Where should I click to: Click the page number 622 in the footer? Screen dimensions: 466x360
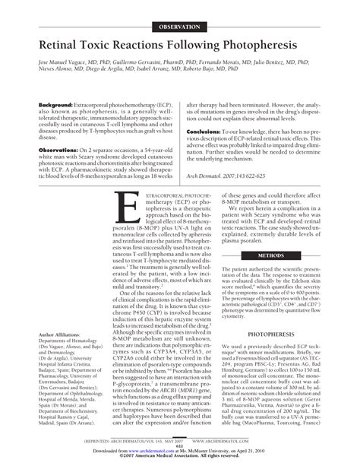[x=180, y=447]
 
